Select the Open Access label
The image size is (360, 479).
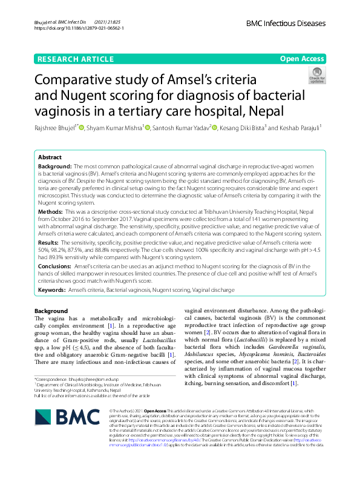pos(302,58)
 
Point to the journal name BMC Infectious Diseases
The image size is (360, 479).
pos(286,24)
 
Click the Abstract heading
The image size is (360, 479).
pos(50,156)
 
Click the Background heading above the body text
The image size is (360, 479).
pos(51,311)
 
